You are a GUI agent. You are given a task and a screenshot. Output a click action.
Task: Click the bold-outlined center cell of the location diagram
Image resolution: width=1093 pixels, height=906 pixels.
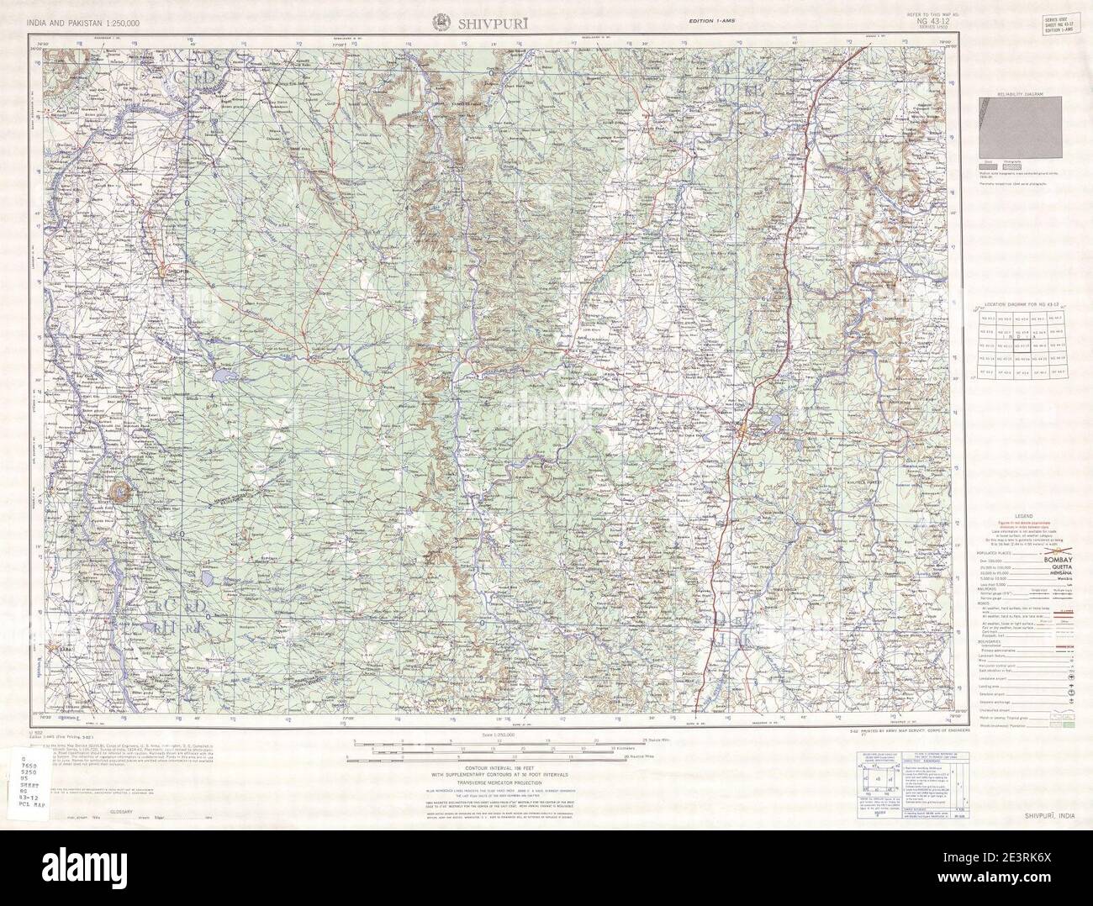pyautogui.click(x=1019, y=345)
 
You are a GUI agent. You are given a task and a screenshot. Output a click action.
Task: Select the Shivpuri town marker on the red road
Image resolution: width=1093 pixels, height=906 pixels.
pyautogui.click(x=742, y=434)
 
